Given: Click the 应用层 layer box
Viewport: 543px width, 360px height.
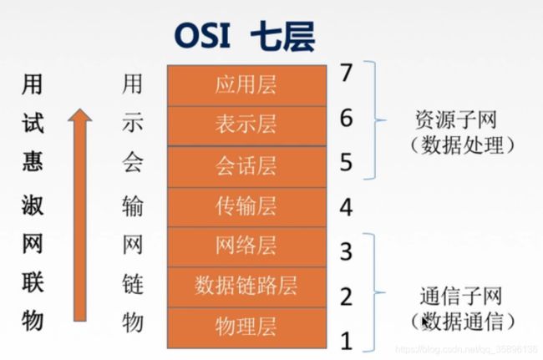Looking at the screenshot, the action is point(246,85).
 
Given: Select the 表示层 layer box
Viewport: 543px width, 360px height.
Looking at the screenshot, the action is point(246,125).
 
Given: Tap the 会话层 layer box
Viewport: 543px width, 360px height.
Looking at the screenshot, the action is point(246,166).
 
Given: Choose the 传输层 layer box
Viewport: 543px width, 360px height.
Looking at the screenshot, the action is point(246,207).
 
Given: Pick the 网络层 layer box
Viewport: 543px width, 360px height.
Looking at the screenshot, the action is point(246,246).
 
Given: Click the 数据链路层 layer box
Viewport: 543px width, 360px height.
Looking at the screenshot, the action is point(246,286).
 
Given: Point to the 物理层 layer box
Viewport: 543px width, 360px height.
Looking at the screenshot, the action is point(246,327).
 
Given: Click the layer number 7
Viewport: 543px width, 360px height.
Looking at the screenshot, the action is point(346,73).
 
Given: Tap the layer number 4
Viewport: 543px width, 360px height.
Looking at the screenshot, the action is point(346,207).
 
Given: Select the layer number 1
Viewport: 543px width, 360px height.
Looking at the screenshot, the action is point(347,341).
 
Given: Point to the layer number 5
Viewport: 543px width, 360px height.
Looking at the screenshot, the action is point(346,162).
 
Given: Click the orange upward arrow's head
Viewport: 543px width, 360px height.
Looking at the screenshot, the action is point(80,115).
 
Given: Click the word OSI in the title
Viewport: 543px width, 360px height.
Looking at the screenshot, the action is point(203,36).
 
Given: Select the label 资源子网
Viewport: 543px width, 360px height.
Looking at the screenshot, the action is point(456,119).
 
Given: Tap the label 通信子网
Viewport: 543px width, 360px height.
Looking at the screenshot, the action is point(461,297).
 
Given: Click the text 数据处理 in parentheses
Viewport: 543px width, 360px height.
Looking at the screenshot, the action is point(462,145).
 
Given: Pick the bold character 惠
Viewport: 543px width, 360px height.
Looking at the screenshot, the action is point(33,162).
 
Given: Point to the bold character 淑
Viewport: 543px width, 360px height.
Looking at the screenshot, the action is point(33,205).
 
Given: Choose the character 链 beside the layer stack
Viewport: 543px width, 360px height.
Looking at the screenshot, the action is point(132,285).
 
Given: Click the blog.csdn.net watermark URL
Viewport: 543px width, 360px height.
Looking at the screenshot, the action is point(467,349).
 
